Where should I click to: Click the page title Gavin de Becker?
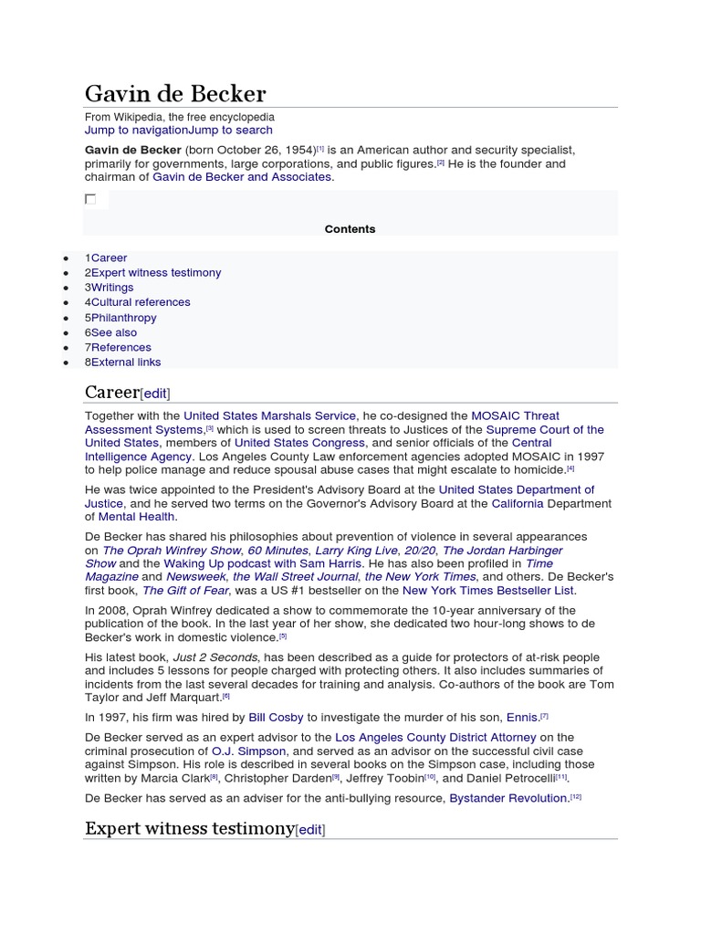coord(175,94)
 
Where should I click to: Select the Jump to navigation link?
coord(136,131)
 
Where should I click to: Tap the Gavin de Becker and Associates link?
coord(242,177)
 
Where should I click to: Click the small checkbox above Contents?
coord(90,199)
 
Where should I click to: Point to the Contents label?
coord(350,229)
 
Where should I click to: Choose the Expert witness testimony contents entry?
coord(155,273)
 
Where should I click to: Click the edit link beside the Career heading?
coord(155,394)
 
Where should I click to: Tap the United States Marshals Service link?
coord(269,416)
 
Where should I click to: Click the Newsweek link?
coord(195,577)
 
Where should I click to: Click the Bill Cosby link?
coord(276,718)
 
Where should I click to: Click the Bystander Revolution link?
coord(508,798)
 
